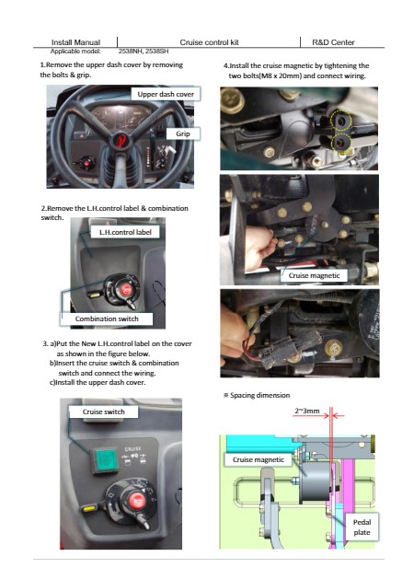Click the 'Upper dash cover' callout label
pos(166,94)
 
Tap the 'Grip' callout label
pos(183,133)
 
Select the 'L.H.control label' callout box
pos(125,232)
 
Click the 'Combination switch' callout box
pos(107,319)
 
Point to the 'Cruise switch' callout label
pos(103,412)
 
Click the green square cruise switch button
pos(106,459)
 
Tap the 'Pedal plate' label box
pos(362,527)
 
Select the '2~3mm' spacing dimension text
pos(307,411)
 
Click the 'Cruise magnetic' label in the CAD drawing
pos(258,459)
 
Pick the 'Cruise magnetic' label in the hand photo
pos(314,275)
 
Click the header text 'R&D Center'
pos(333,42)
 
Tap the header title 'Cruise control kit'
pos(209,42)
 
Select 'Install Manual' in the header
pos(75,42)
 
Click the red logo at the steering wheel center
pos(120,140)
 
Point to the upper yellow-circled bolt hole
pos(340,121)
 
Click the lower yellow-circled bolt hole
pos(341,142)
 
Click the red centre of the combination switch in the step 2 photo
pos(126,289)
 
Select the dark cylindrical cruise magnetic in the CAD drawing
pos(315,481)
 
